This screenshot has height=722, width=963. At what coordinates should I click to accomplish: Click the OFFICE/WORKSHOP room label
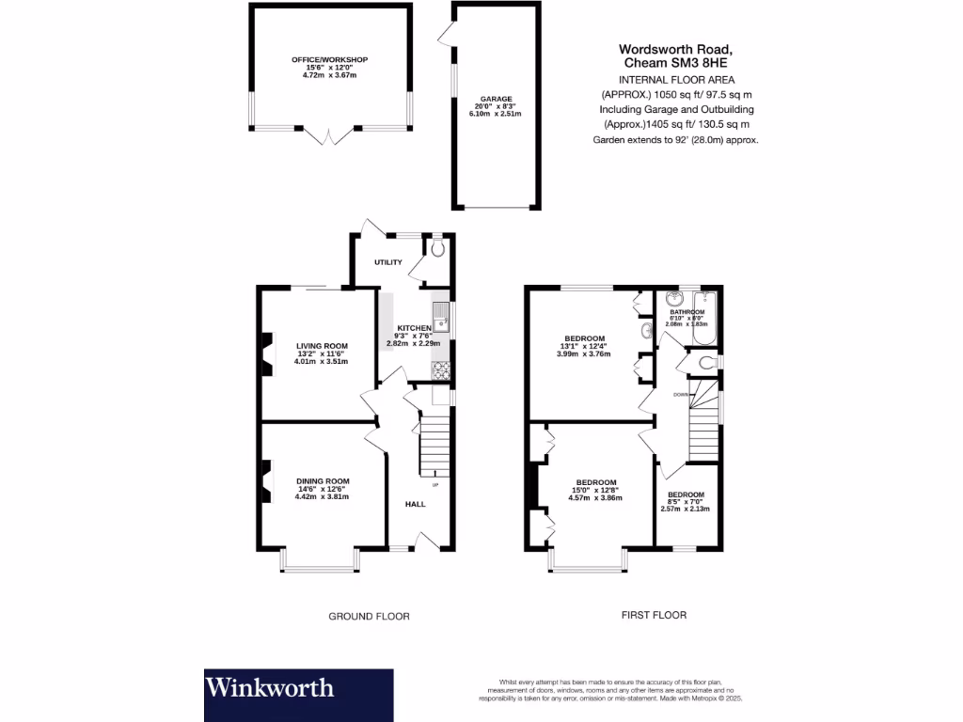coord(329,60)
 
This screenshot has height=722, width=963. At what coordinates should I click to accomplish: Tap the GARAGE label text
coord(496,98)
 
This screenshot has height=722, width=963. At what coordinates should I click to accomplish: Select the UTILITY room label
coord(387,262)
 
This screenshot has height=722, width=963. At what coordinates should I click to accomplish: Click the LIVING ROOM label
coord(322,345)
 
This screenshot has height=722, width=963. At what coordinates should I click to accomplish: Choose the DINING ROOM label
coord(323,481)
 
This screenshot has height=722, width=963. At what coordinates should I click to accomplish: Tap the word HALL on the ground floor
coord(415,504)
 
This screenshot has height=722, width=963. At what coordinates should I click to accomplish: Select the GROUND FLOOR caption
coord(369,617)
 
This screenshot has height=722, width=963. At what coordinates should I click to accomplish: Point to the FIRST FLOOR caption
coord(654,616)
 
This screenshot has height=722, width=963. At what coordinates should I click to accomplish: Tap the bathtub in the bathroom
coord(703,322)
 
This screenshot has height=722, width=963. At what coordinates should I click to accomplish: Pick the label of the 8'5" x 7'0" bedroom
coord(686,495)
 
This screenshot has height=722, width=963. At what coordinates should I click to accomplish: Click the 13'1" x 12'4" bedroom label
coord(584,338)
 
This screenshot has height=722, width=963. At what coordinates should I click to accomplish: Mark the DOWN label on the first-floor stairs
coord(680,395)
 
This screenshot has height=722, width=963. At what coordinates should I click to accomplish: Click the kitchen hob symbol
coord(439,371)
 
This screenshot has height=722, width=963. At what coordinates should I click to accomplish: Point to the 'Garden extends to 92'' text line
coord(675,139)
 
